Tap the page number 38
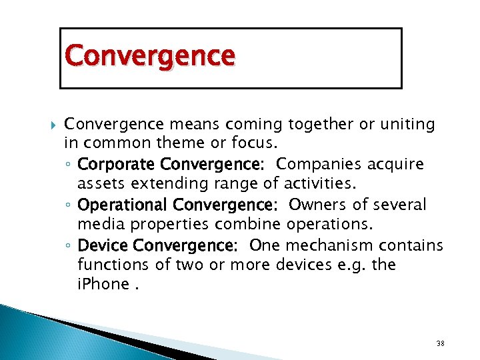440,343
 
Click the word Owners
316,205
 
